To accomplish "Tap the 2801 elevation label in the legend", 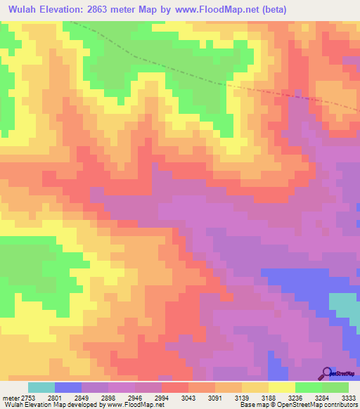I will pos(56,397).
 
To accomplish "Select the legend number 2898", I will pos(108,397).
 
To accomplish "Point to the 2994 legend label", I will pos(162,397).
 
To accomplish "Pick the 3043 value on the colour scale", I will pos(188,397).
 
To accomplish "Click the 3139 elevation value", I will pos(241,397).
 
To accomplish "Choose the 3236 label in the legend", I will pos(295,397).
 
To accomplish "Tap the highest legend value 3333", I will pos(347,397).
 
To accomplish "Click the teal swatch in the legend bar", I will pos(41,387).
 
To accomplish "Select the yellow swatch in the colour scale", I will pos(282,387).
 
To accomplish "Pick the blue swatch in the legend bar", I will pos(68,387).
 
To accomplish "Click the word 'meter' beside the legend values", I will pos(10,397).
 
